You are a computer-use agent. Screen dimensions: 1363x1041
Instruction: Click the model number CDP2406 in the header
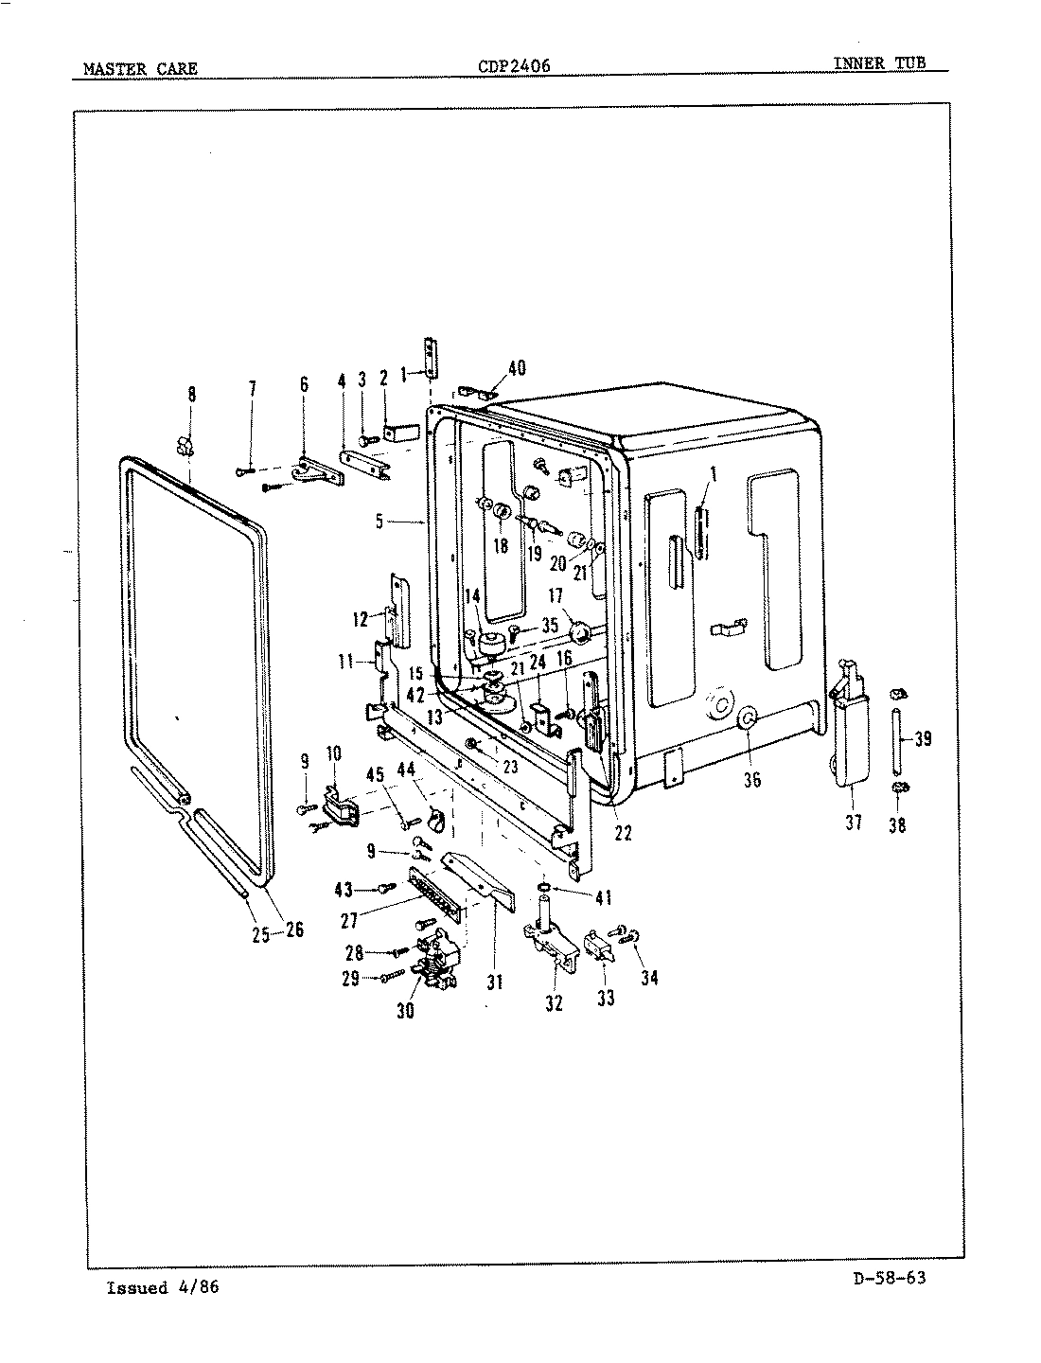pos(515,66)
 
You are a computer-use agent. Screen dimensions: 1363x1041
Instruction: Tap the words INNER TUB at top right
pos(878,63)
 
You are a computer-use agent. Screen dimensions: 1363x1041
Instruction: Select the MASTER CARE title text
pos(140,68)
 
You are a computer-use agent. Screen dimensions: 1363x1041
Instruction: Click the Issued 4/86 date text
pos(163,1287)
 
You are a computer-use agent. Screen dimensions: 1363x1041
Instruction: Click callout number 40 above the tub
pos(517,369)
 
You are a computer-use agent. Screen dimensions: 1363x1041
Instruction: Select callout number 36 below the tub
pos(752,780)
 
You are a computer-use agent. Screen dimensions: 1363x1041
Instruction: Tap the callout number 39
pos(924,739)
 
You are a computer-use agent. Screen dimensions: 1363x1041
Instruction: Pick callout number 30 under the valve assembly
pos(406,1011)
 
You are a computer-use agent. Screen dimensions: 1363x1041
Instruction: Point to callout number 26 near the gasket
pos(294,929)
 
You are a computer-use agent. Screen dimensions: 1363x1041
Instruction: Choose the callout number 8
pos(192,395)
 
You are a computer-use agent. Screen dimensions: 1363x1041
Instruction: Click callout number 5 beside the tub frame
pos(379,522)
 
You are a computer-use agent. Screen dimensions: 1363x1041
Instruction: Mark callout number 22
pos(622,833)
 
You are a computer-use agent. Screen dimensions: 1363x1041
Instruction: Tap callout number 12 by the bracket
pos(361,620)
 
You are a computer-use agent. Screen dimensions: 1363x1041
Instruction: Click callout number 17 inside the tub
pos(556,597)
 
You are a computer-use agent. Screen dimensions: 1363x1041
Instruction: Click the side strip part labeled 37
pos(849,738)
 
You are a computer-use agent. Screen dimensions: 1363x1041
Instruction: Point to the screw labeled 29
pos(388,978)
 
